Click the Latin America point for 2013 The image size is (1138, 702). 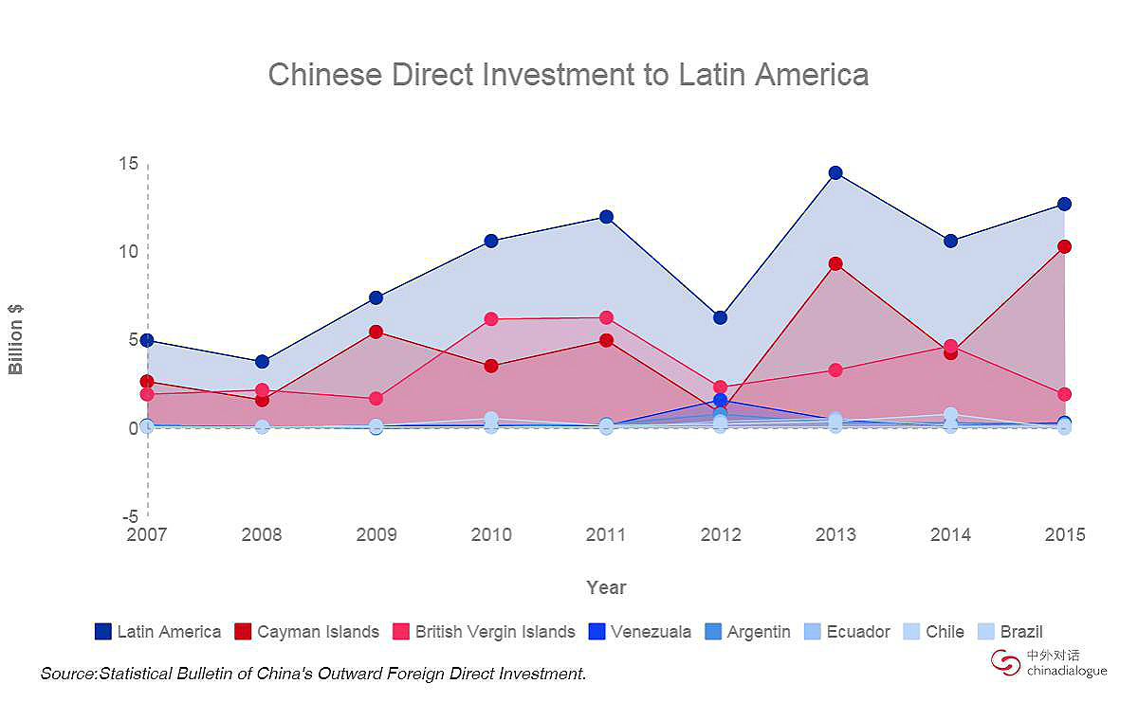pos(835,172)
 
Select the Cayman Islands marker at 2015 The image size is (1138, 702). pos(1064,246)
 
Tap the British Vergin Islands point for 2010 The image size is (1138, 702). pos(491,319)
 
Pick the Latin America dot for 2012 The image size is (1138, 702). pos(721,317)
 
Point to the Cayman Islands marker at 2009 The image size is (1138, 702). pos(376,332)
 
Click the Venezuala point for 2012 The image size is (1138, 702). pos(721,401)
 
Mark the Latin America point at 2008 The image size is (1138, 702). pos(262,361)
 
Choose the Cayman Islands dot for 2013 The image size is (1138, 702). pos(835,263)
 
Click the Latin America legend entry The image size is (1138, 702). pos(158,631)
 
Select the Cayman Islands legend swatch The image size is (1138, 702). pos(244,631)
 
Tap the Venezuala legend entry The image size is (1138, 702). pos(639,631)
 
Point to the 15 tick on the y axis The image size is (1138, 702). pos(129,164)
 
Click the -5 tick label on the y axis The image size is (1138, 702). pos(129,517)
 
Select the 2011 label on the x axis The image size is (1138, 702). pos(606,535)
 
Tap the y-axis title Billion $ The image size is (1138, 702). pos(16,339)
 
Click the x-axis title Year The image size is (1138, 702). pos(606,587)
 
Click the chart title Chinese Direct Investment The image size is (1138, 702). pos(568,74)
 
